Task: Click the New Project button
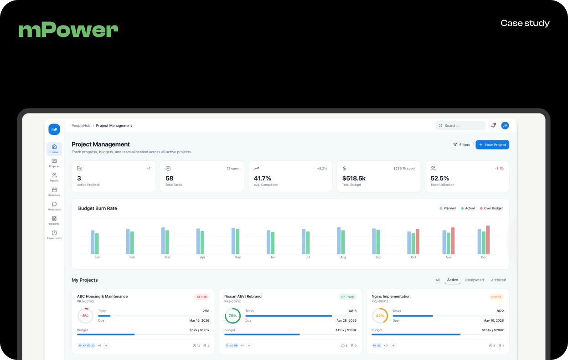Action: tap(492, 145)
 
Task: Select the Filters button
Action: tap(461, 145)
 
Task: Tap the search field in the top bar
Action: tap(460, 126)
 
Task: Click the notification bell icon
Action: tap(493, 125)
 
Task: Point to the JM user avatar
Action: tap(505, 125)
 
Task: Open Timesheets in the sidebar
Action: tap(54, 235)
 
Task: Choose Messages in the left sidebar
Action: tap(54, 206)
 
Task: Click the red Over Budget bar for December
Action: tap(488, 240)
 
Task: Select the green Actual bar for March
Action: tap(167, 242)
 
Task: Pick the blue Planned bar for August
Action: tap(339, 241)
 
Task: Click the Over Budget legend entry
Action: tap(491, 208)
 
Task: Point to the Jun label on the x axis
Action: tap(273, 257)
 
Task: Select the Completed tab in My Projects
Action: tap(474, 280)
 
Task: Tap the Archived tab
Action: tap(498, 280)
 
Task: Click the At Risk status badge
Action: tap(201, 297)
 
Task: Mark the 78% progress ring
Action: tap(232, 316)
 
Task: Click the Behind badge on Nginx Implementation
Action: tap(496, 297)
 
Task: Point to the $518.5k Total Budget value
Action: tap(354, 178)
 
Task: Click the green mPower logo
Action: tap(68, 30)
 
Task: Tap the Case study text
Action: tap(525, 23)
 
